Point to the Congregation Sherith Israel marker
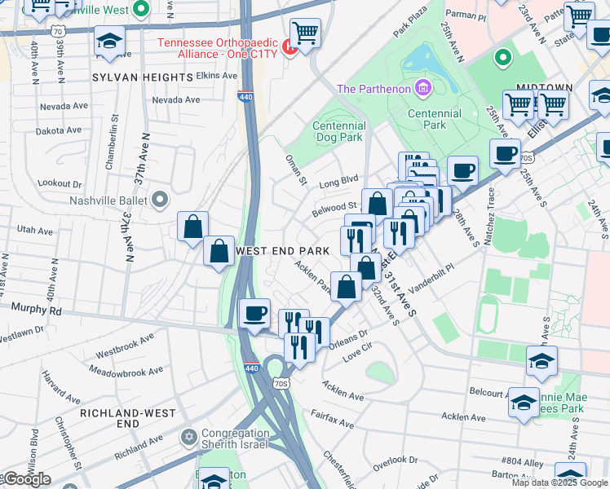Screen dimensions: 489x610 189,438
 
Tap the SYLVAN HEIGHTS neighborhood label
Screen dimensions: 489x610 142,77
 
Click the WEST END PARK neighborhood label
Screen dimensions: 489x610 282,251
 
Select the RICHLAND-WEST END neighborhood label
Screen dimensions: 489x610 127,419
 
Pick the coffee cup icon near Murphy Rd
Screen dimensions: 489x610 255,313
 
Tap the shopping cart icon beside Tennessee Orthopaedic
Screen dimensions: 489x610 305,34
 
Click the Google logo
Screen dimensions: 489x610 26,479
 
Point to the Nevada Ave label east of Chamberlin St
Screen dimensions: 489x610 176,100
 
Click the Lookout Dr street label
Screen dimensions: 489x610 61,184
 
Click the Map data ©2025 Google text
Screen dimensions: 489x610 560,482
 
